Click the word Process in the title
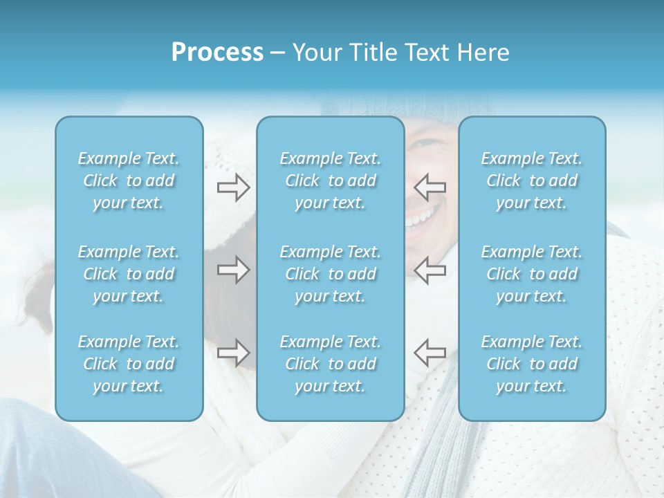pos(217,53)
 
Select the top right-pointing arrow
pos(233,187)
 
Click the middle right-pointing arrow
pos(233,270)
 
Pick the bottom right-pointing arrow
pos(233,353)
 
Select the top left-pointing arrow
pos(430,187)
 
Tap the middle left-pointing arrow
pos(430,270)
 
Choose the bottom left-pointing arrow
pos(430,353)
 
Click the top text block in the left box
pos(129,181)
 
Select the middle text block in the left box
pos(129,274)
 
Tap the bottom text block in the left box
pos(129,364)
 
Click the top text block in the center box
pos(330,181)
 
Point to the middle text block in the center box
pos(330,274)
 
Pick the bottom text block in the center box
pos(330,364)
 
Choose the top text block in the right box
pos(531,181)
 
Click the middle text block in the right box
pos(531,274)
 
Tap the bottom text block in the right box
pos(531,364)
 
